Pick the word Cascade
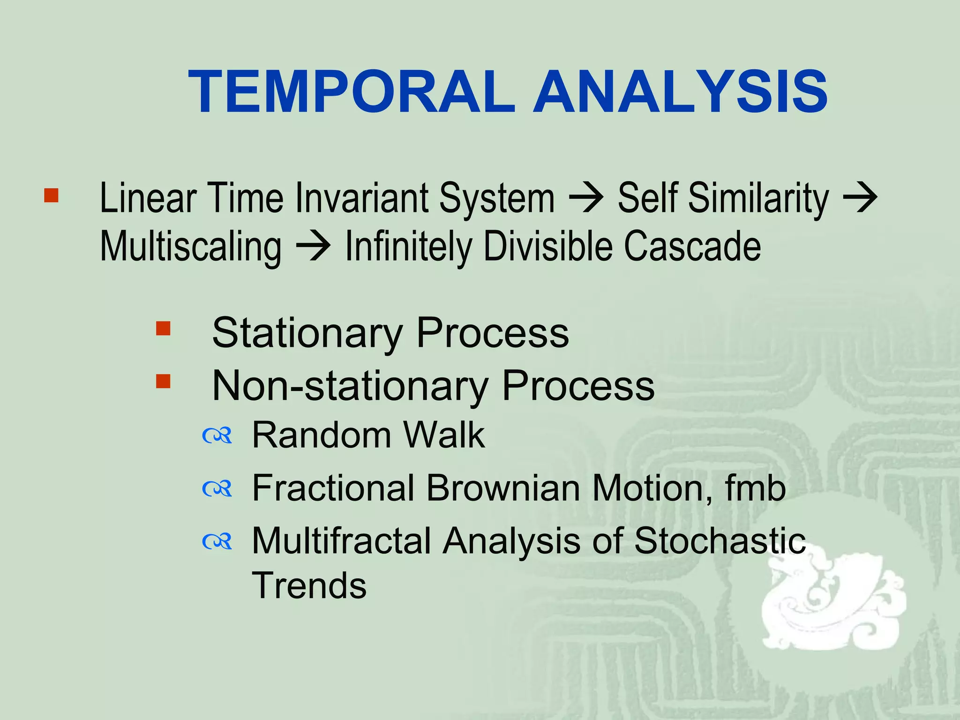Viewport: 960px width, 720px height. (692, 246)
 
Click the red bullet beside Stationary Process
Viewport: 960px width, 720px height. (163, 328)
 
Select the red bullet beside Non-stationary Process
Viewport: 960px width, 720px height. (163, 381)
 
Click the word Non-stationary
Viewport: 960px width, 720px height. (350, 386)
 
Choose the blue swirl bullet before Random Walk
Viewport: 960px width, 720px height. (217, 436)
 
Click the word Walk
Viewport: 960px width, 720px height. (444, 435)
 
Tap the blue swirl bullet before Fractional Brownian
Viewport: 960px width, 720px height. (217, 489)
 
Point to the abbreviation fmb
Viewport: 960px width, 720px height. (755, 488)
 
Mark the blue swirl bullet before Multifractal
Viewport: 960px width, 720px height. (217, 542)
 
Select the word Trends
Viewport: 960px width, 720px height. (309, 585)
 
